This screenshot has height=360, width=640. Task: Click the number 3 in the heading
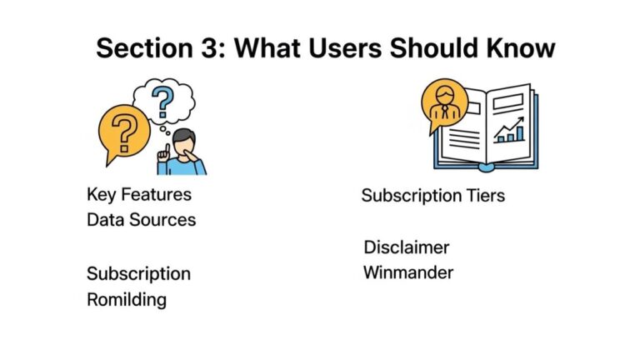point(211,47)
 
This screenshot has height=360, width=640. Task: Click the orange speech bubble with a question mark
point(123,133)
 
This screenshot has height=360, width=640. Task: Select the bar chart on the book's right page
point(509,132)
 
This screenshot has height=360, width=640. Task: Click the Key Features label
point(139,195)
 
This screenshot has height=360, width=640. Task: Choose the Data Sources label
point(142,220)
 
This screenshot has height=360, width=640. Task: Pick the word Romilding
point(127,299)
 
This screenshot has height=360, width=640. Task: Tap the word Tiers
point(483,196)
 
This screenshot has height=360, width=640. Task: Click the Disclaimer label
point(407,247)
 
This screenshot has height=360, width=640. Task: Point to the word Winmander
point(408,272)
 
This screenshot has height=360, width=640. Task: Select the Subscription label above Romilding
point(139,273)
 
